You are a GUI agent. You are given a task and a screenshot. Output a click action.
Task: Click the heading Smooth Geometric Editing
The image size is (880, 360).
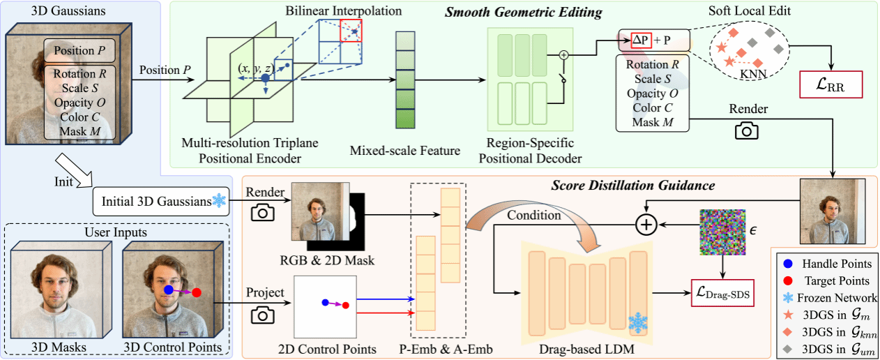pos(514,12)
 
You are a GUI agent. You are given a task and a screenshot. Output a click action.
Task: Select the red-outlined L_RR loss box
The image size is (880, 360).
pos(831,87)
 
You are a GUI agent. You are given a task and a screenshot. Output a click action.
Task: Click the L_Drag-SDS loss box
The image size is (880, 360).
pos(724,293)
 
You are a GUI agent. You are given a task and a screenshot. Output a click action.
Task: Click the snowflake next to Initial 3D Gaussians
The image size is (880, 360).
pos(219,201)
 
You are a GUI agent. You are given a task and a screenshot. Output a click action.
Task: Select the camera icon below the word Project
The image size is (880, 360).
pos(264,315)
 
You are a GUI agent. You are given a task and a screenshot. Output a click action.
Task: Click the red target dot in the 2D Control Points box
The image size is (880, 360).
pos(345,305)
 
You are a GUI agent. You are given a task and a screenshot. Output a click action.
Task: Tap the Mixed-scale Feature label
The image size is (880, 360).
pos(395,150)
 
